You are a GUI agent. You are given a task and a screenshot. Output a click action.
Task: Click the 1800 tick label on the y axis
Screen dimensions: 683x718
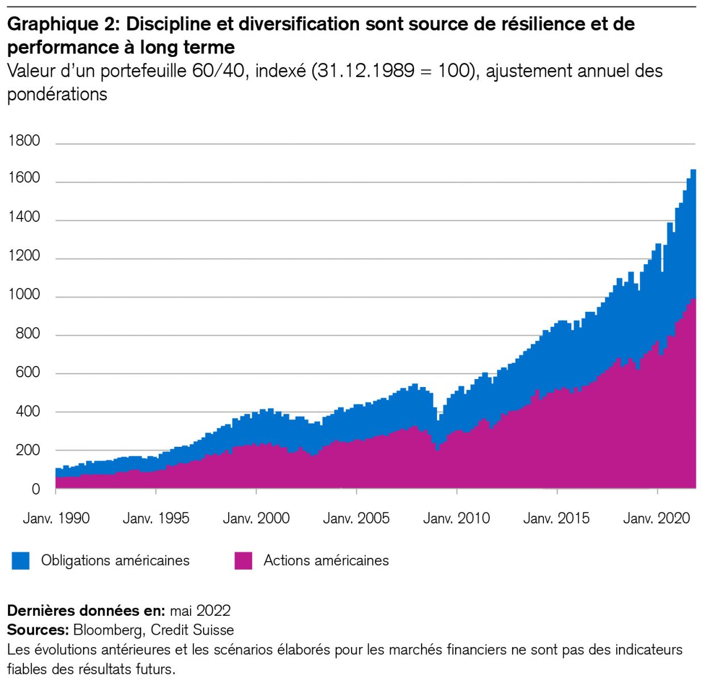tap(24, 141)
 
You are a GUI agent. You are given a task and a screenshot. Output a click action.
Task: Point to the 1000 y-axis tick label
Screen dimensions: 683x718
tap(24, 295)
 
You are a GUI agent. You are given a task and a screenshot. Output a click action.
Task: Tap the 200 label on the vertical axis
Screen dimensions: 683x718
tap(28, 450)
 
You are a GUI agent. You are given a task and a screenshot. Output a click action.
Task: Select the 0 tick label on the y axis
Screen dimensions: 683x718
tap(36, 489)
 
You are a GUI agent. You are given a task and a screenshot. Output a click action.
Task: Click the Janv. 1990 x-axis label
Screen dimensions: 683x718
tap(56, 519)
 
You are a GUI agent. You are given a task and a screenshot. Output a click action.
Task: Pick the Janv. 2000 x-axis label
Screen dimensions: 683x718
tap(256, 519)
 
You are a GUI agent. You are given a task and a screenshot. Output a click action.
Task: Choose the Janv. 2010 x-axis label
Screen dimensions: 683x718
tap(456, 519)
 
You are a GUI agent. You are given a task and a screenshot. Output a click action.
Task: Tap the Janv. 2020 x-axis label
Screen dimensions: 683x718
tap(657, 519)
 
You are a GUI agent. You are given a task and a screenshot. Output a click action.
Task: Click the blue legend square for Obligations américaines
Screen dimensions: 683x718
tap(20, 561)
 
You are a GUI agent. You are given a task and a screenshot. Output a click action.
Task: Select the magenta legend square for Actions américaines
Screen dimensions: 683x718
tap(243, 561)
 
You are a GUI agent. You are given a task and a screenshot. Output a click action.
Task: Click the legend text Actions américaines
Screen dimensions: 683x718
tap(326, 561)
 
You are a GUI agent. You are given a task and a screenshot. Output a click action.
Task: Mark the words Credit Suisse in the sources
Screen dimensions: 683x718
tap(192, 630)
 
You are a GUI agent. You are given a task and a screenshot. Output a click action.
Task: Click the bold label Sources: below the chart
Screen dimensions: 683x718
tap(38, 630)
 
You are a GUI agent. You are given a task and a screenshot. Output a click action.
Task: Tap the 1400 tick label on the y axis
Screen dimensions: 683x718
tap(24, 217)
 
